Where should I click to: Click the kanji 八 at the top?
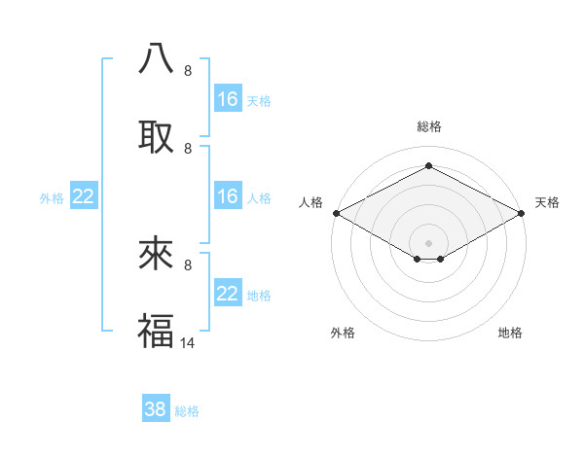coord(156,59)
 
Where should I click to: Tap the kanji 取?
coord(156,136)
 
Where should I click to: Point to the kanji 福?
coord(156,330)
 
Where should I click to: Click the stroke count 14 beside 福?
coord(189,342)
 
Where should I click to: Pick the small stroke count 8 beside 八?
coord(188,71)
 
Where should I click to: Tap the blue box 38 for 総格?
coord(156,409)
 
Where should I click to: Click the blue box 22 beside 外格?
coord(84,196)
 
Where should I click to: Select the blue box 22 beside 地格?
coord(228,294)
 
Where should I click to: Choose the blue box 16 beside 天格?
coord(228,99)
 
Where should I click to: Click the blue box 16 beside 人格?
coord(228,196)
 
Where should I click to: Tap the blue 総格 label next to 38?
coord(187,411)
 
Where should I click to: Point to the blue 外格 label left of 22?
coord(52,197)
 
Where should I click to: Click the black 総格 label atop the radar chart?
coord(428,126)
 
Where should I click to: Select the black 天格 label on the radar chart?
coord(547,202)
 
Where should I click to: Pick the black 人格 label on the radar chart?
coord(310,202)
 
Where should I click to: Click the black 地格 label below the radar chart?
coord(510,333)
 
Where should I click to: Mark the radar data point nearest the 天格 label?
coord(522,213)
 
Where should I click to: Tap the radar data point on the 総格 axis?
coord(428,166)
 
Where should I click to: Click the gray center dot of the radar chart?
coord(428,241)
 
